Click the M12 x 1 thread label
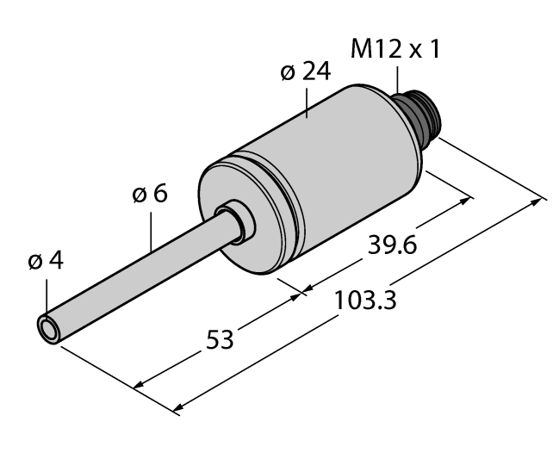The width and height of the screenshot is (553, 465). [x=395, y=49]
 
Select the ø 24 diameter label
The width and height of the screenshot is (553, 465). [x=305, y=74]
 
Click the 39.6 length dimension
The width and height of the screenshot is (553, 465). [x=391, y=247]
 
